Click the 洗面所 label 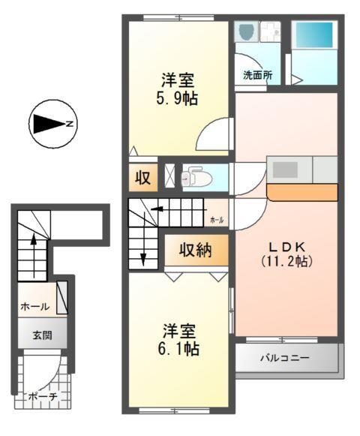256,75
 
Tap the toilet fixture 194,176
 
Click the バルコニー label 285,358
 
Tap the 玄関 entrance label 42,335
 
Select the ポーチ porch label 42,395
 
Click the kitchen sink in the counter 286,169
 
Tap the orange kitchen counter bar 301,193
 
